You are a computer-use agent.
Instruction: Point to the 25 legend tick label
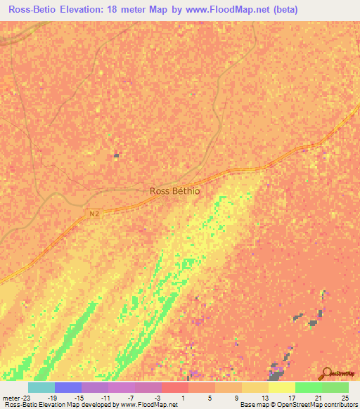(x=344, y=397)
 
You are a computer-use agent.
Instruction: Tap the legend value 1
(x=184, y=397)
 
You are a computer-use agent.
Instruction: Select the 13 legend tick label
(x=264, y=397)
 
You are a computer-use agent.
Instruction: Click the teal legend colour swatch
(x=41, y=387)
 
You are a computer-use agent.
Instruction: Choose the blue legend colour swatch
(x=67, y=387)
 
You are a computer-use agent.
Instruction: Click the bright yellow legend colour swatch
(x=281, y=387)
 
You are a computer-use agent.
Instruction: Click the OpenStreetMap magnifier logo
(x=327, y=373)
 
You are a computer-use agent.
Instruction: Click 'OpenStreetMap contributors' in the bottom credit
(x=321, y=405)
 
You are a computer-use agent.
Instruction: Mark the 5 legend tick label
(x=210, y=397)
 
